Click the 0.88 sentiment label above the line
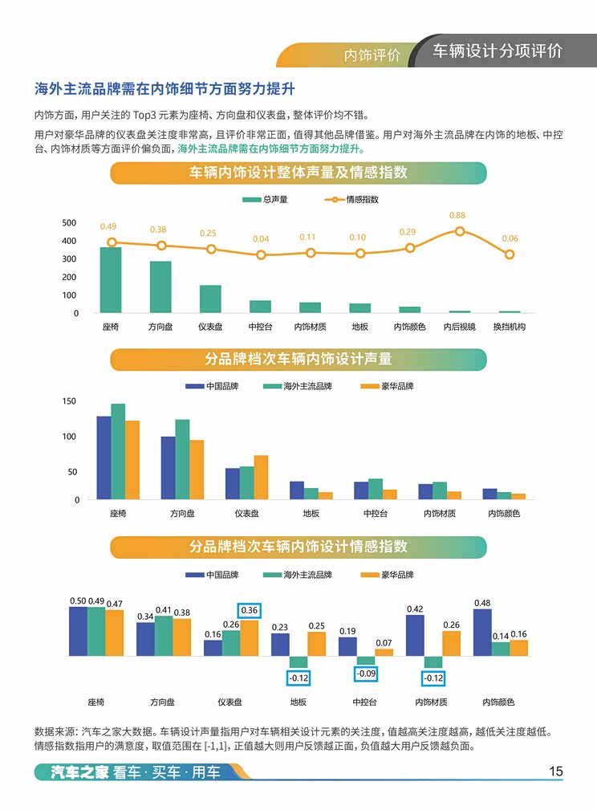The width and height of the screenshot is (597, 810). [x=457, y=215]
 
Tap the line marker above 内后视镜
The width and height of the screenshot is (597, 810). [x=460, y=231]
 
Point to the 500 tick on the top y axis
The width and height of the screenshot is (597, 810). [x=70, y=222]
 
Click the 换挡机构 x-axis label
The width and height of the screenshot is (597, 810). [x=509, y=327]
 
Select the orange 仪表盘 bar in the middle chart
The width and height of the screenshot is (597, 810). [x=261, y=478]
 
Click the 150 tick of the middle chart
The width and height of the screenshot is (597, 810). [x=70, y=401]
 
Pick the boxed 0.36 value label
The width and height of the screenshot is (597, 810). [x=250, y=610]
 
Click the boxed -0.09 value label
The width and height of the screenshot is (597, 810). [x=366, y=674]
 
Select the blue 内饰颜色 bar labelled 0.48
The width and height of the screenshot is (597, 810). [x=482, y=632]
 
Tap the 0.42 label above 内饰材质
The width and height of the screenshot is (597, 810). [x=415, y=609]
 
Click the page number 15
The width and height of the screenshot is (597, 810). [x=555, y=771]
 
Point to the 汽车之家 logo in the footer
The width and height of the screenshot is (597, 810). [x=71, y=772]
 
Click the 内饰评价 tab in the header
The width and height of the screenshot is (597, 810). [x=372, y=55]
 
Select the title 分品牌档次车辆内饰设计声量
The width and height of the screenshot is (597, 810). [x=298, y=360]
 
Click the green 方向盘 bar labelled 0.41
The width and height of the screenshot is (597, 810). [x=164, y=635]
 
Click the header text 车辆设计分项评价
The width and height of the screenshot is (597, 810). [x=497, y=51]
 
